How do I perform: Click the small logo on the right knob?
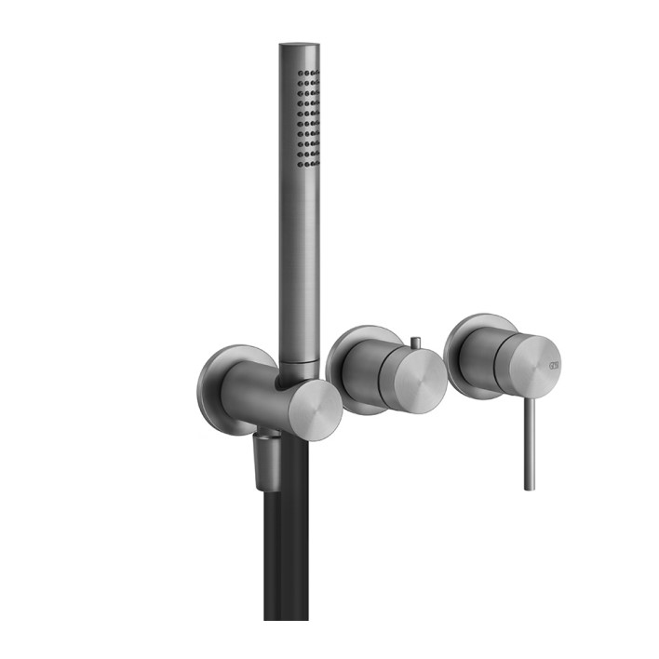click(554, 362)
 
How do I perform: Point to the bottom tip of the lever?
click(530, 486)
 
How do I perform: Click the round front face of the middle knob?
click(412, 381)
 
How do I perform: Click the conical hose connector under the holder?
click(270, 461)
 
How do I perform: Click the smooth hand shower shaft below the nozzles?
click(298, 261)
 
